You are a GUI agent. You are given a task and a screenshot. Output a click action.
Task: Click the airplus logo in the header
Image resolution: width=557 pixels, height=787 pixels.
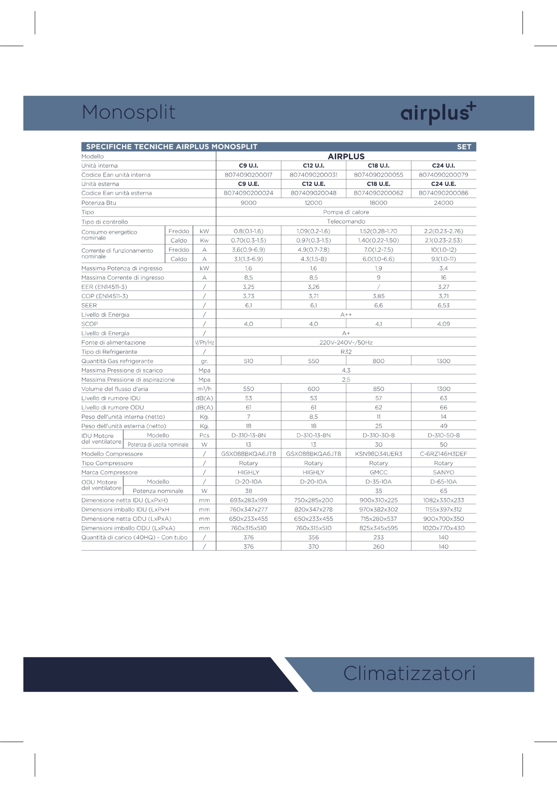tap(438, 113)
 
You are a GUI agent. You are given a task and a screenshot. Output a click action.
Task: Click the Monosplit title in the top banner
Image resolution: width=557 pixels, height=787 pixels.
tap(129, 112)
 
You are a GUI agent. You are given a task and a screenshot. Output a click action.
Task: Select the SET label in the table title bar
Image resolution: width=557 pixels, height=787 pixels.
tap(464, 147)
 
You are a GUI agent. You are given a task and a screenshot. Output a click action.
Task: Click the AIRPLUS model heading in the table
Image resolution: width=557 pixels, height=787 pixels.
tap(346, 156)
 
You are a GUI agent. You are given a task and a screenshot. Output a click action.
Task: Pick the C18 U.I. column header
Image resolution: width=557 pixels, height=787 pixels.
tap(378, 166)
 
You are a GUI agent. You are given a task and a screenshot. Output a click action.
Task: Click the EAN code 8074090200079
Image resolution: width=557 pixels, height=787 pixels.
tap(443, 175)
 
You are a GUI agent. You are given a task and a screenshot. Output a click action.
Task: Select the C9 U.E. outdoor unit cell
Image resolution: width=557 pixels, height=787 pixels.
tap(248, 184)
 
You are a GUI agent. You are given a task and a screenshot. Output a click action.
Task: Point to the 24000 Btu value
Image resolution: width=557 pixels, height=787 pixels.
tap(443, 203)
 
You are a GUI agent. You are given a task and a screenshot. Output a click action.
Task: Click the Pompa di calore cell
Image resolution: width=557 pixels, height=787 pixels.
tap(346, 212)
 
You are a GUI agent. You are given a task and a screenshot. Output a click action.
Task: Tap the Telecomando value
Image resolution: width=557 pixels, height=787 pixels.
tap(346, 221)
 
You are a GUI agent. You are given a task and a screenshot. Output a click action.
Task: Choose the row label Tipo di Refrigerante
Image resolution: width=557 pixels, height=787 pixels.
tap(109, 352)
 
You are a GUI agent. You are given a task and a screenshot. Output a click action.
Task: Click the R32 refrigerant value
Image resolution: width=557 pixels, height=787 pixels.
tap(346, 352)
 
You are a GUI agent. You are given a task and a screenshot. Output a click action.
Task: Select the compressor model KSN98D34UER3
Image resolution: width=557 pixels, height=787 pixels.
tap(378, 454)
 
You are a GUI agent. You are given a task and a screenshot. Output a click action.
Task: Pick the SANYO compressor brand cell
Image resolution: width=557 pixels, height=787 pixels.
tap(443, 472)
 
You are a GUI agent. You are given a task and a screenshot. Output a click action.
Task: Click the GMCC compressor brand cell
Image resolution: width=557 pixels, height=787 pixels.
tap(378, 472)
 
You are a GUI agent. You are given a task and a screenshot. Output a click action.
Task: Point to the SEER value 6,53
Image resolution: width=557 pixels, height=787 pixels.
tap(443, 305)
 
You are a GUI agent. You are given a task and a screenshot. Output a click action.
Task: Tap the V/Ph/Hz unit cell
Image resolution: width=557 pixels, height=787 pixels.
tap(204, 342)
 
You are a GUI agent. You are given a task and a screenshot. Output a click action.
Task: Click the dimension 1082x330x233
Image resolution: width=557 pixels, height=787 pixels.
tap(443, 500)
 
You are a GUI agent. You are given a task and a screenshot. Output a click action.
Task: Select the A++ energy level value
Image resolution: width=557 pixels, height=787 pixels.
tap(346, 315)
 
